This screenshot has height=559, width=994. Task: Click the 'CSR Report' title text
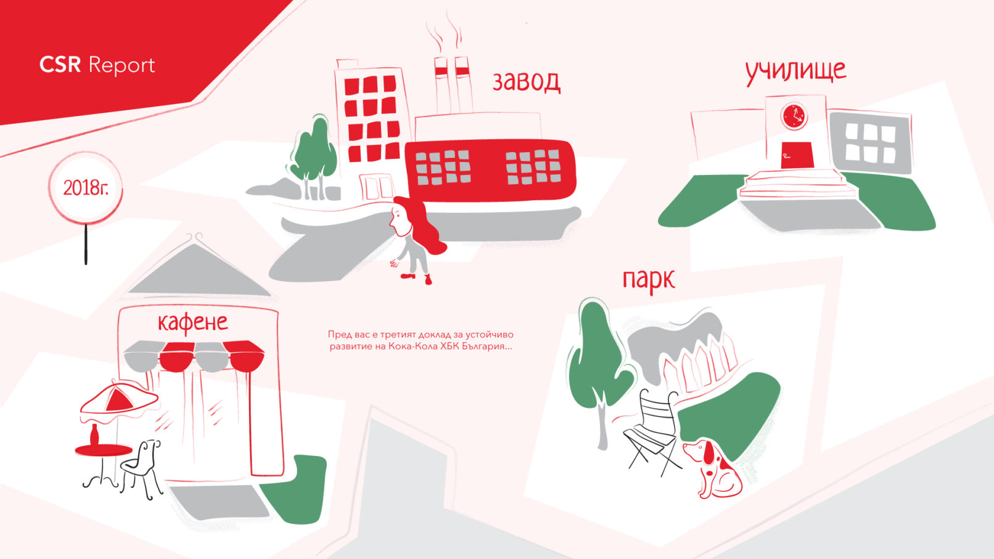(x=97, y=65)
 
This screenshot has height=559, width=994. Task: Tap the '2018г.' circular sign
(x=85, y=188)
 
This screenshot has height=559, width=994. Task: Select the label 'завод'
(x=527, y=82)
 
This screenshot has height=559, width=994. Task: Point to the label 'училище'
(x=795, y=72)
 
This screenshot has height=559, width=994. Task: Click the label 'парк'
(x=649, y=280)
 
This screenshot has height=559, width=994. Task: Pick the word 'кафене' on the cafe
(x=193, y=322)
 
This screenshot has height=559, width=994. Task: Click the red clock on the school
(x=794, y=116)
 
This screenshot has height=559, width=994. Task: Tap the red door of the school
(x=797, y=155)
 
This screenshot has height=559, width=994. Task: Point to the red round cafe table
(x=104, y=451)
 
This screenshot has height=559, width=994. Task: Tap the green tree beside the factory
(x=314, y=153)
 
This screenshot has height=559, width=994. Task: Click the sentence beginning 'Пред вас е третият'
(x=421, y=340)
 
